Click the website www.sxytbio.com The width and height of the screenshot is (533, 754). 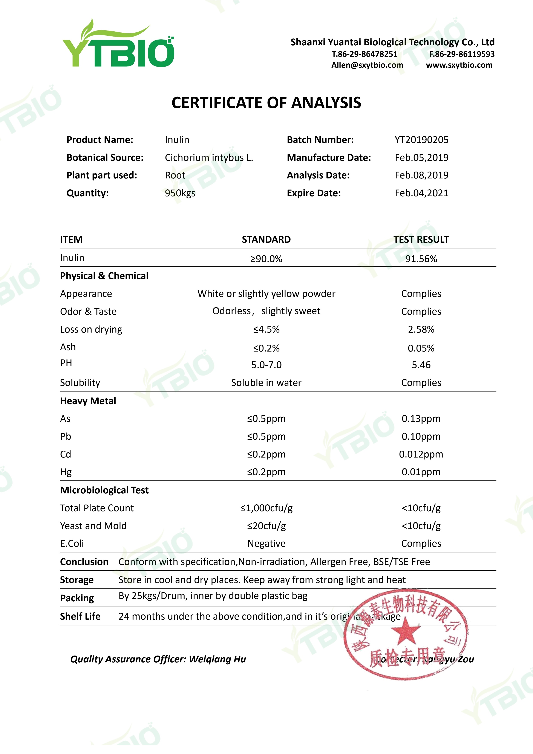[x=459, y=65]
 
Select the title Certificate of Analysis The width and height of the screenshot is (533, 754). [x=266, y=103]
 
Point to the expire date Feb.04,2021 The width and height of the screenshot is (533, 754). [x=421, y=193]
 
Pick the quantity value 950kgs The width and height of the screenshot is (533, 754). [x=180, y=193]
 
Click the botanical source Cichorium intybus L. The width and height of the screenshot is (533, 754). [x=209, y=158]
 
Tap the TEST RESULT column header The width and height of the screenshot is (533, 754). [x=421, y=240]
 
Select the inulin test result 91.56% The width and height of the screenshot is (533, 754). [x=421, y=259]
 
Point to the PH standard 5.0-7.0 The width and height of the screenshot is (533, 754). [x=266, y=365]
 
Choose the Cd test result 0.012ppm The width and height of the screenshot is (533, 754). [x=421, y=454]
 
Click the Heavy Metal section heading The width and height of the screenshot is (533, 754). [x=88, y=401]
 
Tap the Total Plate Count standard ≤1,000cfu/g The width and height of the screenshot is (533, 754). [x=266, y=508]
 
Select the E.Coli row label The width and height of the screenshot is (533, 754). [x=72, y=544]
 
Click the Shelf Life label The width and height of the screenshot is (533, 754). [x=80, y=616]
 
